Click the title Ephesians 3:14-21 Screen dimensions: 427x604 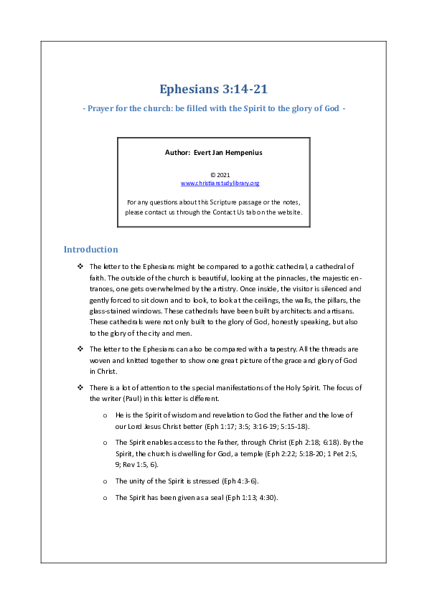tap(214, 90)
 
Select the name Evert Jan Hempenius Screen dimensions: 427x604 tap(233, 152)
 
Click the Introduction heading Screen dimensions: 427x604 tap(90, 250)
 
